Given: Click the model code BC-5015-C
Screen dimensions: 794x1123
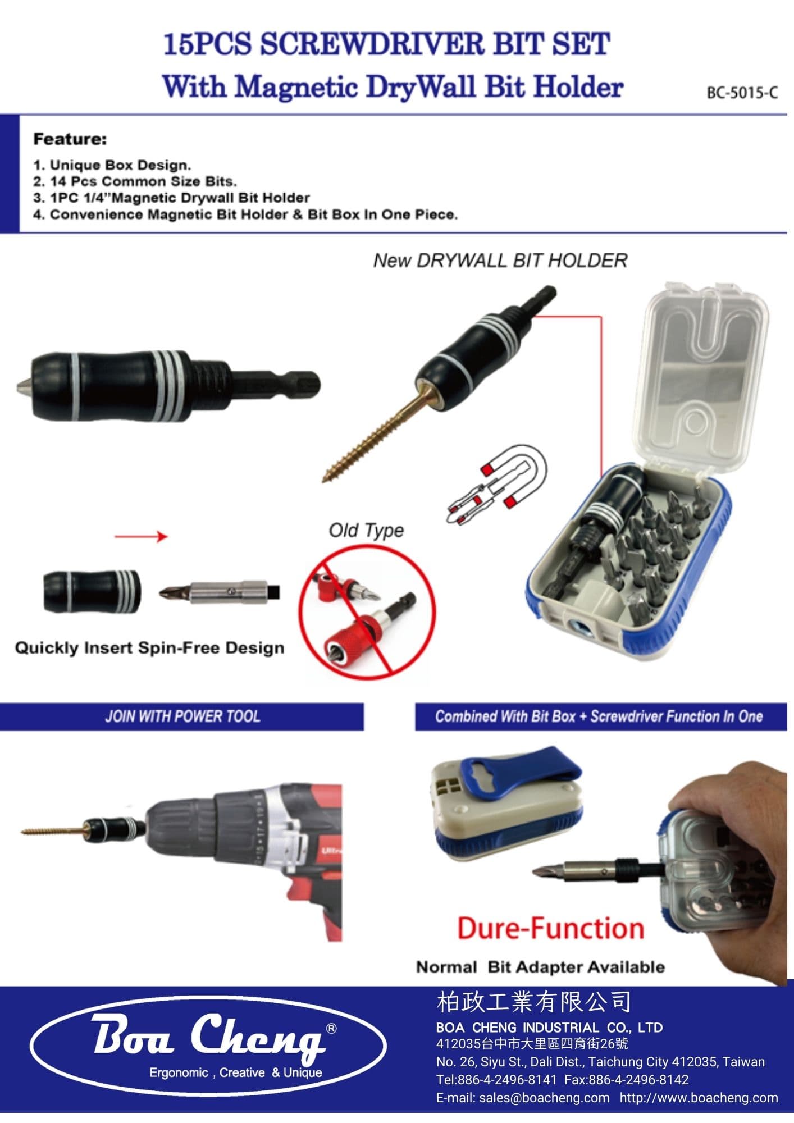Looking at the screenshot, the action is [742, 93].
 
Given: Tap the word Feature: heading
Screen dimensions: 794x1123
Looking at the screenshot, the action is [70, 139].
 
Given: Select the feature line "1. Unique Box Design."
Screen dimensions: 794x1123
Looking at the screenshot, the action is [112, 165].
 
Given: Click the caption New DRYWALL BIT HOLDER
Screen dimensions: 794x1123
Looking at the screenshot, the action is [500, 261].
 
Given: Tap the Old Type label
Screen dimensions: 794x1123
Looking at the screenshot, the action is [366, 530].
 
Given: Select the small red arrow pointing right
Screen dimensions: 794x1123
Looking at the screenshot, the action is [141, 537].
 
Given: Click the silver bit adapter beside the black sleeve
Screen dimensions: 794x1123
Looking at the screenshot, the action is [220, 593].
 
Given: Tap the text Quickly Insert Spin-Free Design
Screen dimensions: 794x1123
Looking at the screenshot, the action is [149, 648].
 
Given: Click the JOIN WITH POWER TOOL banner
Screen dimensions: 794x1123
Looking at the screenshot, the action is [182, 716].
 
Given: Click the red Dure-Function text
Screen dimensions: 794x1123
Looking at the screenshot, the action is [550, 928].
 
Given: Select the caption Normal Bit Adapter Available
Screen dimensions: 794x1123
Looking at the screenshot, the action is [540, 967].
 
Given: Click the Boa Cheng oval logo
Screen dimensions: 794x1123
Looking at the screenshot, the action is [208, 1046].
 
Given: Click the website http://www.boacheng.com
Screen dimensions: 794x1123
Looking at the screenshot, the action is [699, 1097].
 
